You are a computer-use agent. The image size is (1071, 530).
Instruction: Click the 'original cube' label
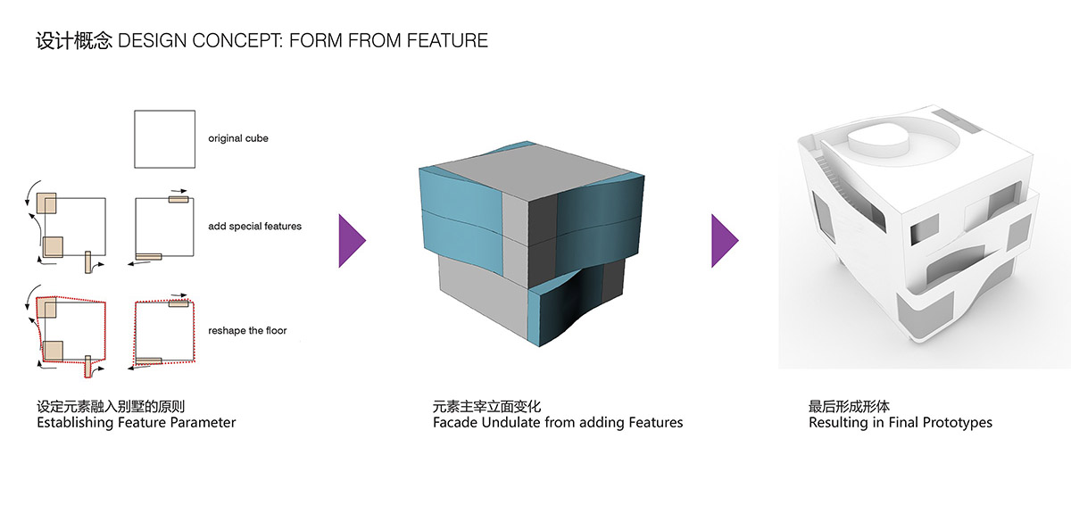(x=238, y=138)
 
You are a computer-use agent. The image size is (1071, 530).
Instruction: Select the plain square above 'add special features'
(x=164, y=138)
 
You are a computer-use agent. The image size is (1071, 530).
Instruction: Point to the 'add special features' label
(x=254, y=226)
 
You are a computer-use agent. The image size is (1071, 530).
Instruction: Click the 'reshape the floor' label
(x=247, y=330)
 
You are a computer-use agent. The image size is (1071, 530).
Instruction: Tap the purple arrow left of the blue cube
(x=353, y=240)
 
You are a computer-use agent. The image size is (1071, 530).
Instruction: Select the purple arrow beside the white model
(x=725, y=240)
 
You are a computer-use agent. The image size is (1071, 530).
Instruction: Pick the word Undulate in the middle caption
(x=511, y=422)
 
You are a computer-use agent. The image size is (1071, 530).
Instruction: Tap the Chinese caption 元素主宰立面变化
(x=486, y=407)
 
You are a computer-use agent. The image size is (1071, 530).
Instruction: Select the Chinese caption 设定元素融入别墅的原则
(x=111, y=407)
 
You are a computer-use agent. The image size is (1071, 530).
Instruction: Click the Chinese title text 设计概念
(x=73, y=40)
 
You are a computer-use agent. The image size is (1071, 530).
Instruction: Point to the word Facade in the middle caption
(x=455, y=422)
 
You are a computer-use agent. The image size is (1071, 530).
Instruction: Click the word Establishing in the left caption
(x=75, y=422)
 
